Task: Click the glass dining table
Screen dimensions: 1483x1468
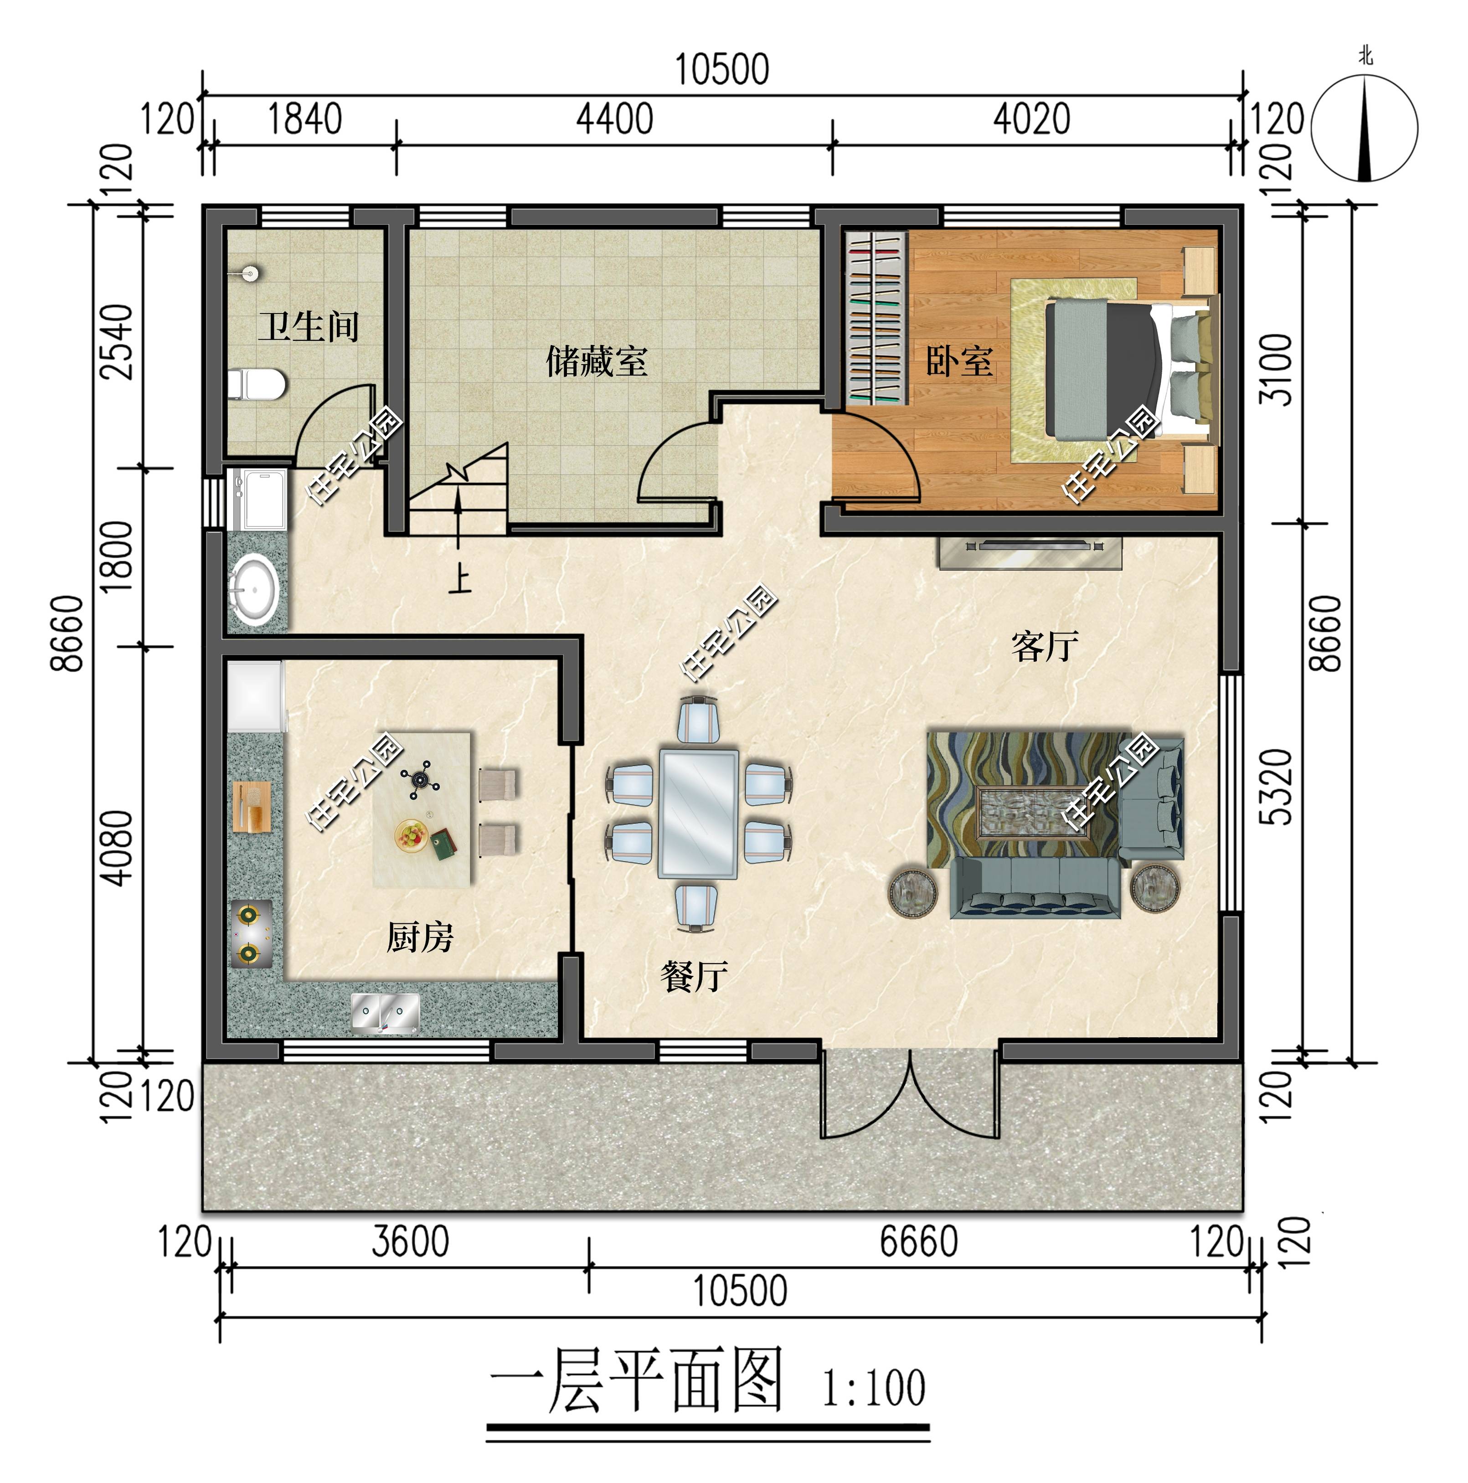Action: tap(698, 814)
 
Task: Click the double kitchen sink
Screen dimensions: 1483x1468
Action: tap(386, 1012)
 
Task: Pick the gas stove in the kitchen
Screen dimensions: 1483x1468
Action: tap(250, 933)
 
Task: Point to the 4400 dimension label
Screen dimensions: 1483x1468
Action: tap(614, 120)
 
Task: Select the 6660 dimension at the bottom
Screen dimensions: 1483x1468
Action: tap(918, 1242)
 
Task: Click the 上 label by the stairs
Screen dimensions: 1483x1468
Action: tap(459, 580)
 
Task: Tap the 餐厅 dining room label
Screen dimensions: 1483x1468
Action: tap(693, 976)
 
